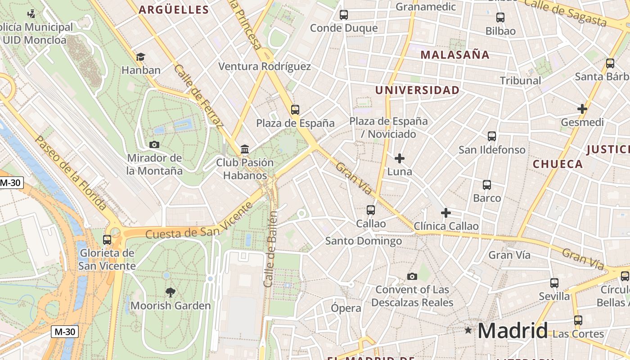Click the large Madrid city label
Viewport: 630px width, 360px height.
coord(513,331)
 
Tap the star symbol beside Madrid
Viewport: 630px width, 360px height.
coord(468,330)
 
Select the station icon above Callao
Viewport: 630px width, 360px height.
coord(371,210)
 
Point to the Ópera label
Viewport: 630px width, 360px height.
coord(346,308)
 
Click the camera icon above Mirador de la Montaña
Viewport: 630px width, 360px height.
coord(154,144)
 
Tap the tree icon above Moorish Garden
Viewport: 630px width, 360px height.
coord(171,292)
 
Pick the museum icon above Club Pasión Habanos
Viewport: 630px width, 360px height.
coord(245,149)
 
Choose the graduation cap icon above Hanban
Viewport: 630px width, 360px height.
coord(141,57)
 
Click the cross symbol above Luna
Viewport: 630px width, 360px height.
coord(399,158)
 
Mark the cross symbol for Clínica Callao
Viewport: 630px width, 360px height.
coord(446,212)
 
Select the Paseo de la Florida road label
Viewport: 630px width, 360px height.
coord(71,173)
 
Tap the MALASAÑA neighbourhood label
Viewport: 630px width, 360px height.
coord(454,55)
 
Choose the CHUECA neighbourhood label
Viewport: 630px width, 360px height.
coord(558,164)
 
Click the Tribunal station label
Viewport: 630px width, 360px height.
coord(520,81)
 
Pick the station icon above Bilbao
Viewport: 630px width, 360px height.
coord(500,18)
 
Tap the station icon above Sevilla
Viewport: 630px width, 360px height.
coord(554,283)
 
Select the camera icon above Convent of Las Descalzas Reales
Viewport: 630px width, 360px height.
coord(412,276)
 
